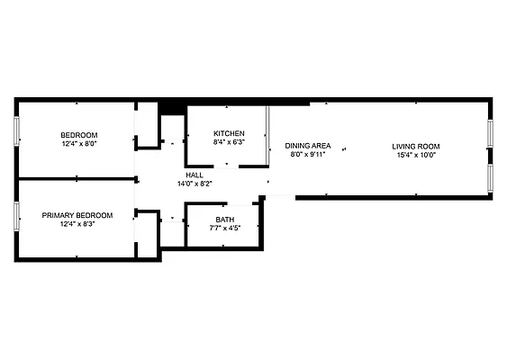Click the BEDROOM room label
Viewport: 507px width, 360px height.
[x=79, y=135]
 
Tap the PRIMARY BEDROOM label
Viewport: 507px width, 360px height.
[x=77, y=215]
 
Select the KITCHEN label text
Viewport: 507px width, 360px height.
[x=229, y=133]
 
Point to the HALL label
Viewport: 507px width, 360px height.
[x=195, y=175]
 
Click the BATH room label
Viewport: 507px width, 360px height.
[x=224, y=220]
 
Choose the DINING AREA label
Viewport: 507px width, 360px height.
[x=308, y=146]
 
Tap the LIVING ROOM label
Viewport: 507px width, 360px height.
[x=416, y=146]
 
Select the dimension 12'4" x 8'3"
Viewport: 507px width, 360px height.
[x=77, y=224]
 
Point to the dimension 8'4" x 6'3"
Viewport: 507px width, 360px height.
[x=229, y=142]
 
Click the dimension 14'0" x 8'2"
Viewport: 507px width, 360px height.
[x=195, y=184]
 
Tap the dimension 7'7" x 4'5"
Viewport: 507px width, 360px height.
[x=224, y=229]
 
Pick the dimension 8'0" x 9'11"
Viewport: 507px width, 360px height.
[x=308, y=155]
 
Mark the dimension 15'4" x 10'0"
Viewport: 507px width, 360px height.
[x=416, y=155]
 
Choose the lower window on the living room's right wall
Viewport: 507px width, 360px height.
[x=491, y=175]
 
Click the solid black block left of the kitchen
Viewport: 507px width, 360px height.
[x=170, y=105]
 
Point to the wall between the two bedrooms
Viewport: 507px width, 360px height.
[x=77, y=178]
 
